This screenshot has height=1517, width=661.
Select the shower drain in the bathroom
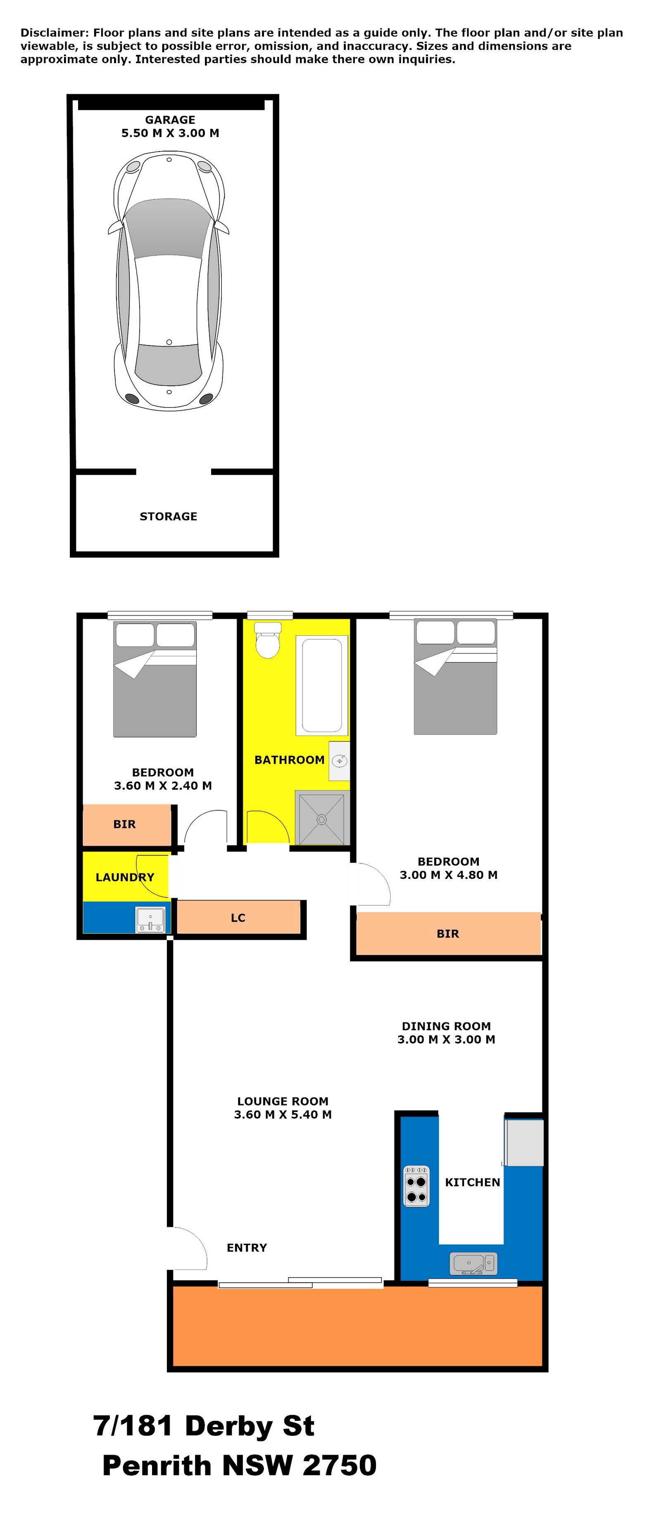click(x=322, y=819)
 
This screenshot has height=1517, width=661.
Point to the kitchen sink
click(x=473, y=1263)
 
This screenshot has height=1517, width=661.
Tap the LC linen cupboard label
click(x=238, y=918)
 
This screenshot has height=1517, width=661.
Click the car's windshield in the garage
click(x=169, y=230)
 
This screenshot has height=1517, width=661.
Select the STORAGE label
click(x=169, y=516)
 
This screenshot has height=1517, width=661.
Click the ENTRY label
click(x=247, y=1247)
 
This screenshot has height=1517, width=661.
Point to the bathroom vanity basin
click(x=339, y=761)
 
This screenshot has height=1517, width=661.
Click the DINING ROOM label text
click(x=446, y=1026)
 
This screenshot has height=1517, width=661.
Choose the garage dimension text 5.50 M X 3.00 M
click(x=170, y=133)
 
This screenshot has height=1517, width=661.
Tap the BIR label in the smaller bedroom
click(x=124, y=824)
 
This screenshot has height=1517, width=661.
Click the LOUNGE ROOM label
click(x=283, y=1101)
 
